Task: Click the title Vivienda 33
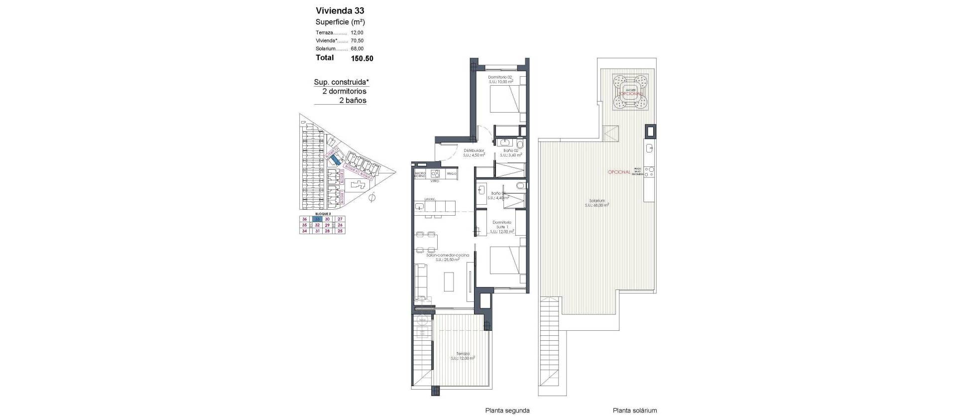point(340,10)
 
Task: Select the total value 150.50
point(361,58)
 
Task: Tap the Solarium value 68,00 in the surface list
point(357,49)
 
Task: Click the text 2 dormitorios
point(344,91)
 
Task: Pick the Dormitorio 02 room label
point(500,79)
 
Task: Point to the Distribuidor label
point(474,152)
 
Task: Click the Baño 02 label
point(511,152)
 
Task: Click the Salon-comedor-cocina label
point(447,257)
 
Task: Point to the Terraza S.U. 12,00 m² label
point(462,356)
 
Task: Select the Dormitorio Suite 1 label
point(501,227)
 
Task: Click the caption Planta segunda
point(507,411)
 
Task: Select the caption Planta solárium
point(634,411)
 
